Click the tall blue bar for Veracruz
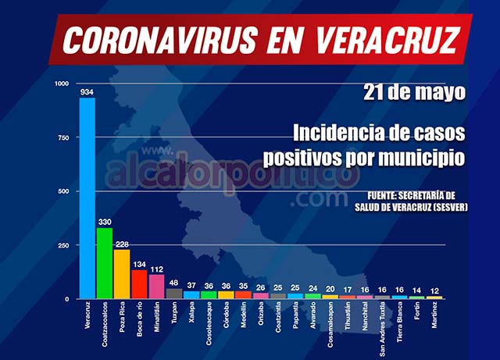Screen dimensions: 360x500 pyautogui.click(x=87, y=198)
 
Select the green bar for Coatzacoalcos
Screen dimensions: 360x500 pyautogui.click(x=105, y=263)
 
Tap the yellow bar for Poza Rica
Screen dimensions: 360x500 pyautogui.click(x=122, y=274)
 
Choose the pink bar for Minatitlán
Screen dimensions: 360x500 pyautogui.click(x=156, y=287)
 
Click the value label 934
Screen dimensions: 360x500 pyautogui.click(x=87, y=91)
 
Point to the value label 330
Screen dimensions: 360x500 pyautogui.click(x=105, y=221)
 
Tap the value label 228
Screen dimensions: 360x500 pyautogui.click(x=122, y=244)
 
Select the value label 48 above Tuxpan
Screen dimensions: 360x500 pyautogui.click(x=174, y=283)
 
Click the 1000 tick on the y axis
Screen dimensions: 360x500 pyautogui.click(x=62, y=84)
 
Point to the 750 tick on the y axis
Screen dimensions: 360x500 pyautogui.click(x=65, y=137)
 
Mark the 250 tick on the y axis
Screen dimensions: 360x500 pyautogui.click(x=65, y=245)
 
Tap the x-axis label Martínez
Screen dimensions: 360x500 pyautogui.click(x=435, y=319)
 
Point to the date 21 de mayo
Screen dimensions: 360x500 pyautogui.click(x=414, y=92)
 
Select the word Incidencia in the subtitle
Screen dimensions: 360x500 pyautogui.click(x=337, y=130)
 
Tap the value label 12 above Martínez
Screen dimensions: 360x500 pyautogui.click(x=435, y=289)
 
